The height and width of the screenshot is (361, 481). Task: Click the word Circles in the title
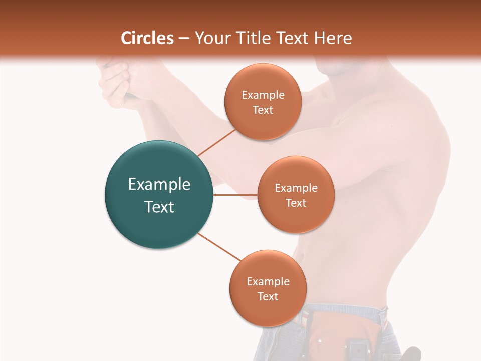coord(147,38)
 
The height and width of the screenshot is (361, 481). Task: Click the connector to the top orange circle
coord(216,142)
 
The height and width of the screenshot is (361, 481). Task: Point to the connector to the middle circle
coord(235,194)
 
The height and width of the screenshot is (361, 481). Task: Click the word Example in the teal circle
coord(159,185)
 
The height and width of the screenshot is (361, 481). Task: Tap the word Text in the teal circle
coord(159,207)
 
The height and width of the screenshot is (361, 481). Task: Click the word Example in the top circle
coord(263,95)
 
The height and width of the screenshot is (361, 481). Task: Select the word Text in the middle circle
coord(296,203)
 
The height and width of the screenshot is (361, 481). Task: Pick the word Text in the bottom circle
coord(268,296)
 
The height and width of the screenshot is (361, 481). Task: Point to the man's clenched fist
coord(115,83)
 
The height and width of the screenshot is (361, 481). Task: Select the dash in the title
coord(184,39)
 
